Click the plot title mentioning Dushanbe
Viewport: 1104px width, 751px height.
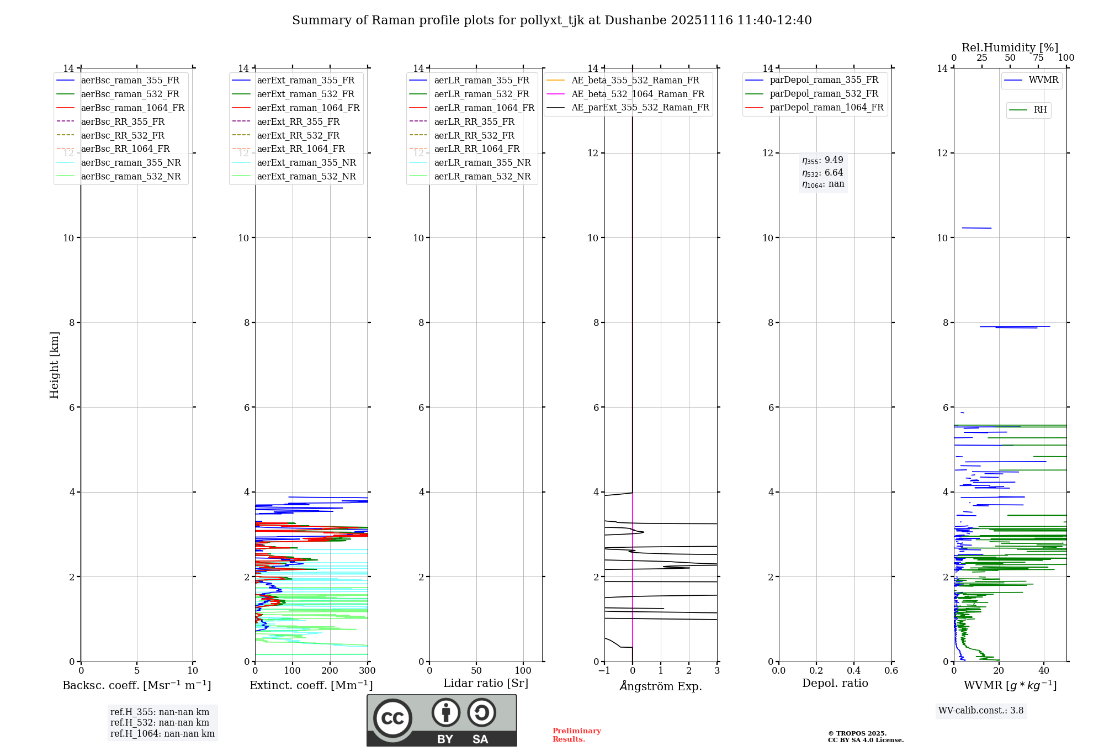[551, 20]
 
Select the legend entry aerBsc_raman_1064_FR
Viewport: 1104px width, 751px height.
[132, 108]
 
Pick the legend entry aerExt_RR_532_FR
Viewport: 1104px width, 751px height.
[298, 135]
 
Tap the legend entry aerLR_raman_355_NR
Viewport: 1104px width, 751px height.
[482, 162]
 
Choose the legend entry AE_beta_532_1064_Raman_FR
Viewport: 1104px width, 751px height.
[638, 94]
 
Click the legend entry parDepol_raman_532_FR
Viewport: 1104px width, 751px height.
[824, 94]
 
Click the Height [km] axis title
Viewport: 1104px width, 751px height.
[54, 364]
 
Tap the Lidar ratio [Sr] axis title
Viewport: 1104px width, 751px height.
[486, 683]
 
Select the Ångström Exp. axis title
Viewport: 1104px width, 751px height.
[661, 686]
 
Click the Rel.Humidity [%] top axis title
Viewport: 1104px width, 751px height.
[1010, 47]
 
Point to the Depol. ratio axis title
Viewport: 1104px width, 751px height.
[835, 683]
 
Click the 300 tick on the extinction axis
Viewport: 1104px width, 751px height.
[367, 671]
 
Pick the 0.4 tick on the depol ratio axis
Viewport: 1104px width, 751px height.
[853, 671]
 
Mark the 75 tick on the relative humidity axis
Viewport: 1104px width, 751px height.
[1038, 58]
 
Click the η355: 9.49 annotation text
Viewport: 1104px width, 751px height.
[822, 160]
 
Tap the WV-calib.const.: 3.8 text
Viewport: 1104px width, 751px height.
[981, 711]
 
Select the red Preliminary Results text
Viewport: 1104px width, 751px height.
[576, 735]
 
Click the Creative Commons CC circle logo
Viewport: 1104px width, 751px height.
[392, 718]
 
